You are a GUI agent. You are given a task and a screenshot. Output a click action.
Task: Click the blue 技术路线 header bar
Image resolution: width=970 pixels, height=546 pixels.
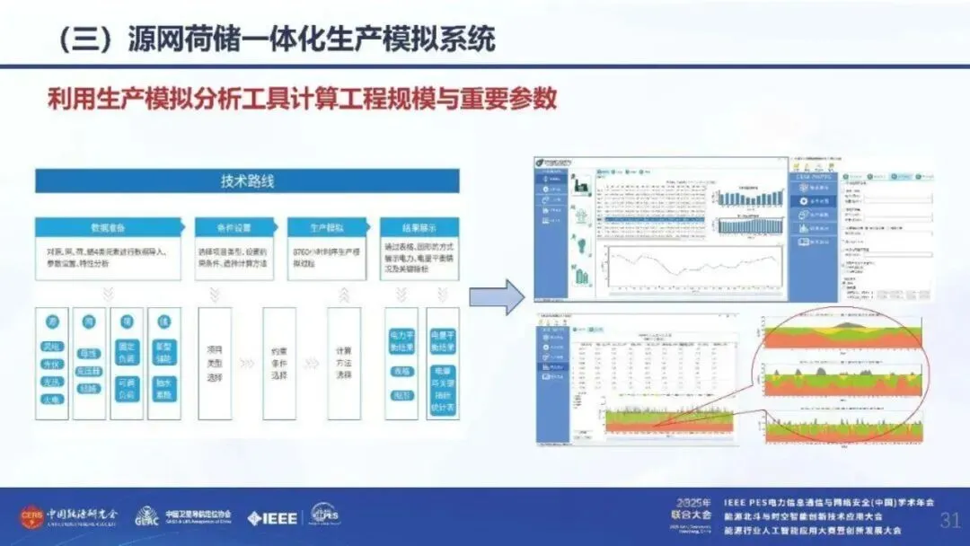248,181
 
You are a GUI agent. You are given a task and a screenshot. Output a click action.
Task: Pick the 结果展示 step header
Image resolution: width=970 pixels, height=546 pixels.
419,227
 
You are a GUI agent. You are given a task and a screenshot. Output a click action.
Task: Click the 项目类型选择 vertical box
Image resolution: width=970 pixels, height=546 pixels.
214,364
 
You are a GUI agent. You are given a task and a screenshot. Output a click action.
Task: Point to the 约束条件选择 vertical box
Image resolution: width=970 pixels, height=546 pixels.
279,364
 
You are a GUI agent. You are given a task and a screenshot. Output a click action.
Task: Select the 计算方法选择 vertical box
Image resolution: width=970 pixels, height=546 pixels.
344,364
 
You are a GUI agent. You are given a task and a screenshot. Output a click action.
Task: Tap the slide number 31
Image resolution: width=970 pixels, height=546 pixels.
949,521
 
